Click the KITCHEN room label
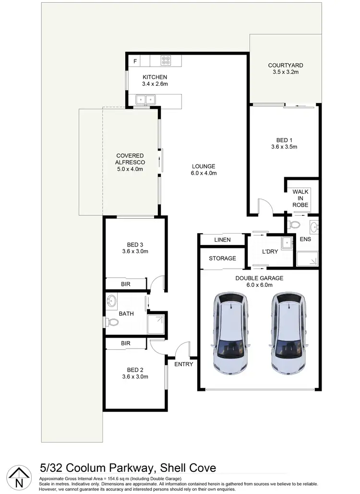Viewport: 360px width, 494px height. (x=155, y=77)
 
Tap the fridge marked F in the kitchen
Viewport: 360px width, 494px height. (x=135, y=61)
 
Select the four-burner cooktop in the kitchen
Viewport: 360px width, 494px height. (x=166, y=61)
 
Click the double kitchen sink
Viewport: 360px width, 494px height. (x=144, y=100)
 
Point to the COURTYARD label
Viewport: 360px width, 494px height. (x=285, y=65)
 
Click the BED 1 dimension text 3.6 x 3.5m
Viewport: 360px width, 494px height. (x=284, y=147)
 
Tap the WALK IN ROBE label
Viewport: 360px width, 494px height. (x=300, y=197)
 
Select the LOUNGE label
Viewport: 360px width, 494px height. (x=204, y=166)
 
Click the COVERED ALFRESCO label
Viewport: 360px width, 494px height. (x=130, y=159)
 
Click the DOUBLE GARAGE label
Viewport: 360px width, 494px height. (x=259, y=278)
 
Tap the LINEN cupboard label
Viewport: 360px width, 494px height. (x=222, y=240)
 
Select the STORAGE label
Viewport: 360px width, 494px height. (x=222, y=259)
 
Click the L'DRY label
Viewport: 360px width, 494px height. (x=270, y=252)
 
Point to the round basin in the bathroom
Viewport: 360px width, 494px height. (x=112, y=301)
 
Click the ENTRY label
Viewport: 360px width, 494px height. (x=183, y=365)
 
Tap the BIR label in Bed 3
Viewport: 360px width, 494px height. (x=126, y=284)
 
